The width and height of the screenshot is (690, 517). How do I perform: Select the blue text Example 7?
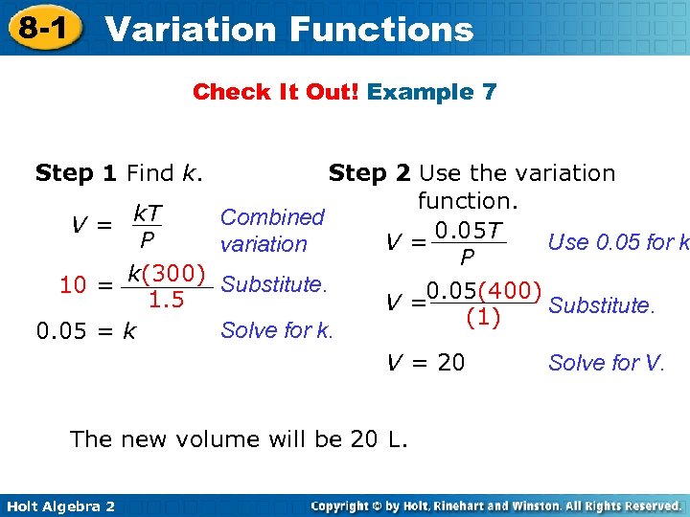pyautogui.click(x=432, y=92)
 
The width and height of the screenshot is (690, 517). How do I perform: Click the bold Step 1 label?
pyautogui.click(x=76, y=173)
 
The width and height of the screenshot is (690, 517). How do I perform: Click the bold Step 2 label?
pyautogui.click(x=369, y=173)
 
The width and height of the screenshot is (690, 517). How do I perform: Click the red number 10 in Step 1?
pyautogui.click(x=74, y=284)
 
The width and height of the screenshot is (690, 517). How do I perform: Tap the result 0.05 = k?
pyautogui.click(x=85, y=331)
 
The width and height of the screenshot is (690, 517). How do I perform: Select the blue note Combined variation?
pyautogui.click(x=272, y=231)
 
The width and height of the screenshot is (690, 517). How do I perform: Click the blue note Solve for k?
pyautogui.click(x=277, y=331)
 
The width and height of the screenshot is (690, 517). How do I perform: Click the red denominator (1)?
pyautogui.click(x=483, y=317)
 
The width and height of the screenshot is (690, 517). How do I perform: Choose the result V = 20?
pyautogui.click(x=425, y=362)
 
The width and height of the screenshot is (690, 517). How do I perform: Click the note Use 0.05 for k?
pyautogui.click(x=618, y=242)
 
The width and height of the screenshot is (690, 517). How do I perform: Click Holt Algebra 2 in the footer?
pyautogui.click(x=58, y=506)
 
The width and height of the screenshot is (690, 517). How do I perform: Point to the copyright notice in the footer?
pyautogui.click(x=497, y=506)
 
